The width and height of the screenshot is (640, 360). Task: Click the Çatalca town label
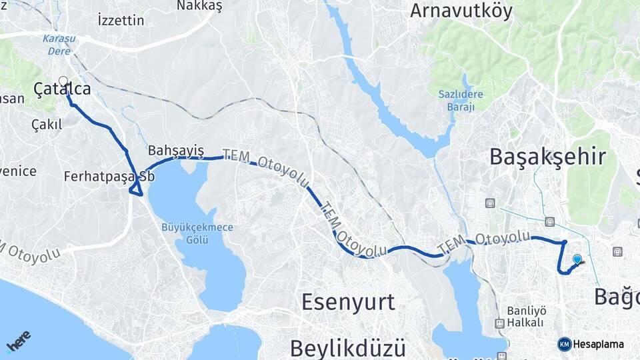click(x=62, y=89)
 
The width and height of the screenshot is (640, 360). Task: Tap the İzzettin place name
click(x=120, y=20)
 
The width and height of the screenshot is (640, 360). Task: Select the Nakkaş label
click(x=199, y=6)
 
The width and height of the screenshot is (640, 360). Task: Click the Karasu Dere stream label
click(x=59, y=44)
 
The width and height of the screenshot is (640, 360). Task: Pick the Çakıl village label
click(x=47, y=125)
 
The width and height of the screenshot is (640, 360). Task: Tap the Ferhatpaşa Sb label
click(x=109, y=177)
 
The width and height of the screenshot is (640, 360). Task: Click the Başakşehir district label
click(x=547, y=157)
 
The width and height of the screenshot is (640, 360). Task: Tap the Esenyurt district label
click(x=348, y=302)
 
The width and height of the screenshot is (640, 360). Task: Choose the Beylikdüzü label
click(x=347, y=347)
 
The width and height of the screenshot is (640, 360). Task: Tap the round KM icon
click(x=564, y=344)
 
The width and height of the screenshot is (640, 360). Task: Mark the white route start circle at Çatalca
click(x=63, y=81)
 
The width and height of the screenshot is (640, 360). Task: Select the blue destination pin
click(x=577, y=259)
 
